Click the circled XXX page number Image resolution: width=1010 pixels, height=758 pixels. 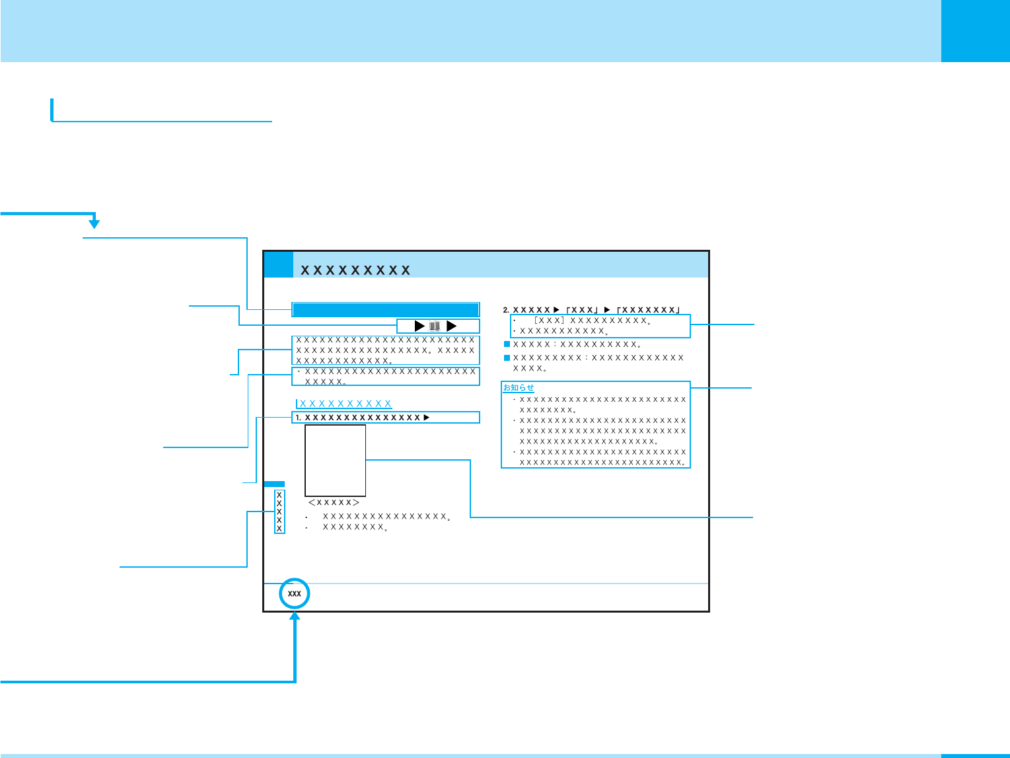(295, 594)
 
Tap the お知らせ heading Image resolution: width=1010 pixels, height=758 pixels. (519, 388)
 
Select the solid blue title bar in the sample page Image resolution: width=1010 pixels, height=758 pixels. (385, 310)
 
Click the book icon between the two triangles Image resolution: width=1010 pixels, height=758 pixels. (435, 326)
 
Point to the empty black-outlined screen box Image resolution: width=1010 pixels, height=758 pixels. (335, 460)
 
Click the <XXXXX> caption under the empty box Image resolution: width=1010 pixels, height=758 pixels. (334, 503)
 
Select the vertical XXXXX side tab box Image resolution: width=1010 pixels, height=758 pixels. (279, 512)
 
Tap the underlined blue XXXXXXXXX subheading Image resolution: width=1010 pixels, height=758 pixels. (345, 404)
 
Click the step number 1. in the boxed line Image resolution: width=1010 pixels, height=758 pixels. (299, 418)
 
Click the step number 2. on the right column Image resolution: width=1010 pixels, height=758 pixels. (507, 310)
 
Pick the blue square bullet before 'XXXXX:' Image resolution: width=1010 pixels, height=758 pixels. (507, 344)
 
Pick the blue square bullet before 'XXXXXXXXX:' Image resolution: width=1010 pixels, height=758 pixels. (507, 358)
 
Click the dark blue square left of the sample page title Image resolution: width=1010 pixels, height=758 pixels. (278, 264)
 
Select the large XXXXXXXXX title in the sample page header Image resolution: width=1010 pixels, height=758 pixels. (355, 270)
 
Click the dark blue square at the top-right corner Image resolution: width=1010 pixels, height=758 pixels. (975, 31)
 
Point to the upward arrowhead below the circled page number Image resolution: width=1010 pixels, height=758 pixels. (295, 616)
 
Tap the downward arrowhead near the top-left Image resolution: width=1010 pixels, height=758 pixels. (94, 223)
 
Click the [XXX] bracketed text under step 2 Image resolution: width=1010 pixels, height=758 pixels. (548, 321)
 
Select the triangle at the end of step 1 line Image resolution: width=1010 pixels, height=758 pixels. (427, 418)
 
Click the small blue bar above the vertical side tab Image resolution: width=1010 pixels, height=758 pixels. (274, 484)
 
